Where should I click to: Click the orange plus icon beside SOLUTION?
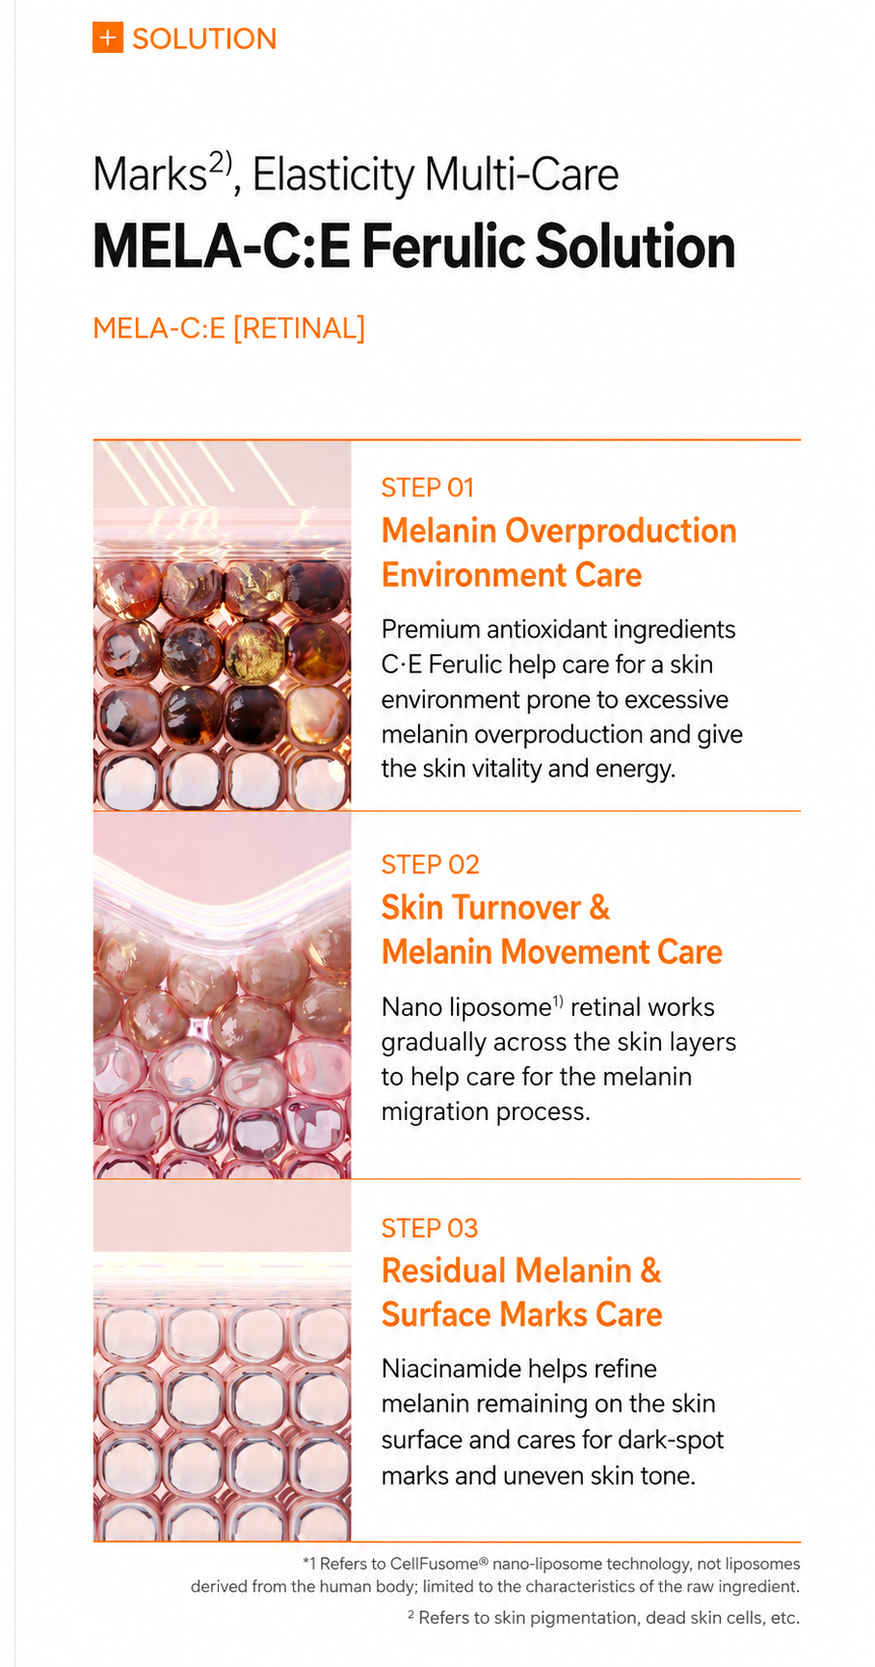(107, 39)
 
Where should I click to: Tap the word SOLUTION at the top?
(204, 39)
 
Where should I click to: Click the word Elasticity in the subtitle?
(332, 175)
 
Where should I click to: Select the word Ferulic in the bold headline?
(443, 247)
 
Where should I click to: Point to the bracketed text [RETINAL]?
(299, 328)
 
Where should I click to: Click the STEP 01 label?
(428, 487)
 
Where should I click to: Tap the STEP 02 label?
(430, 864)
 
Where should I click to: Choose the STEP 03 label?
(430, 1228)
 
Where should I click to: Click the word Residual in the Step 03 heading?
(444, 1270)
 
